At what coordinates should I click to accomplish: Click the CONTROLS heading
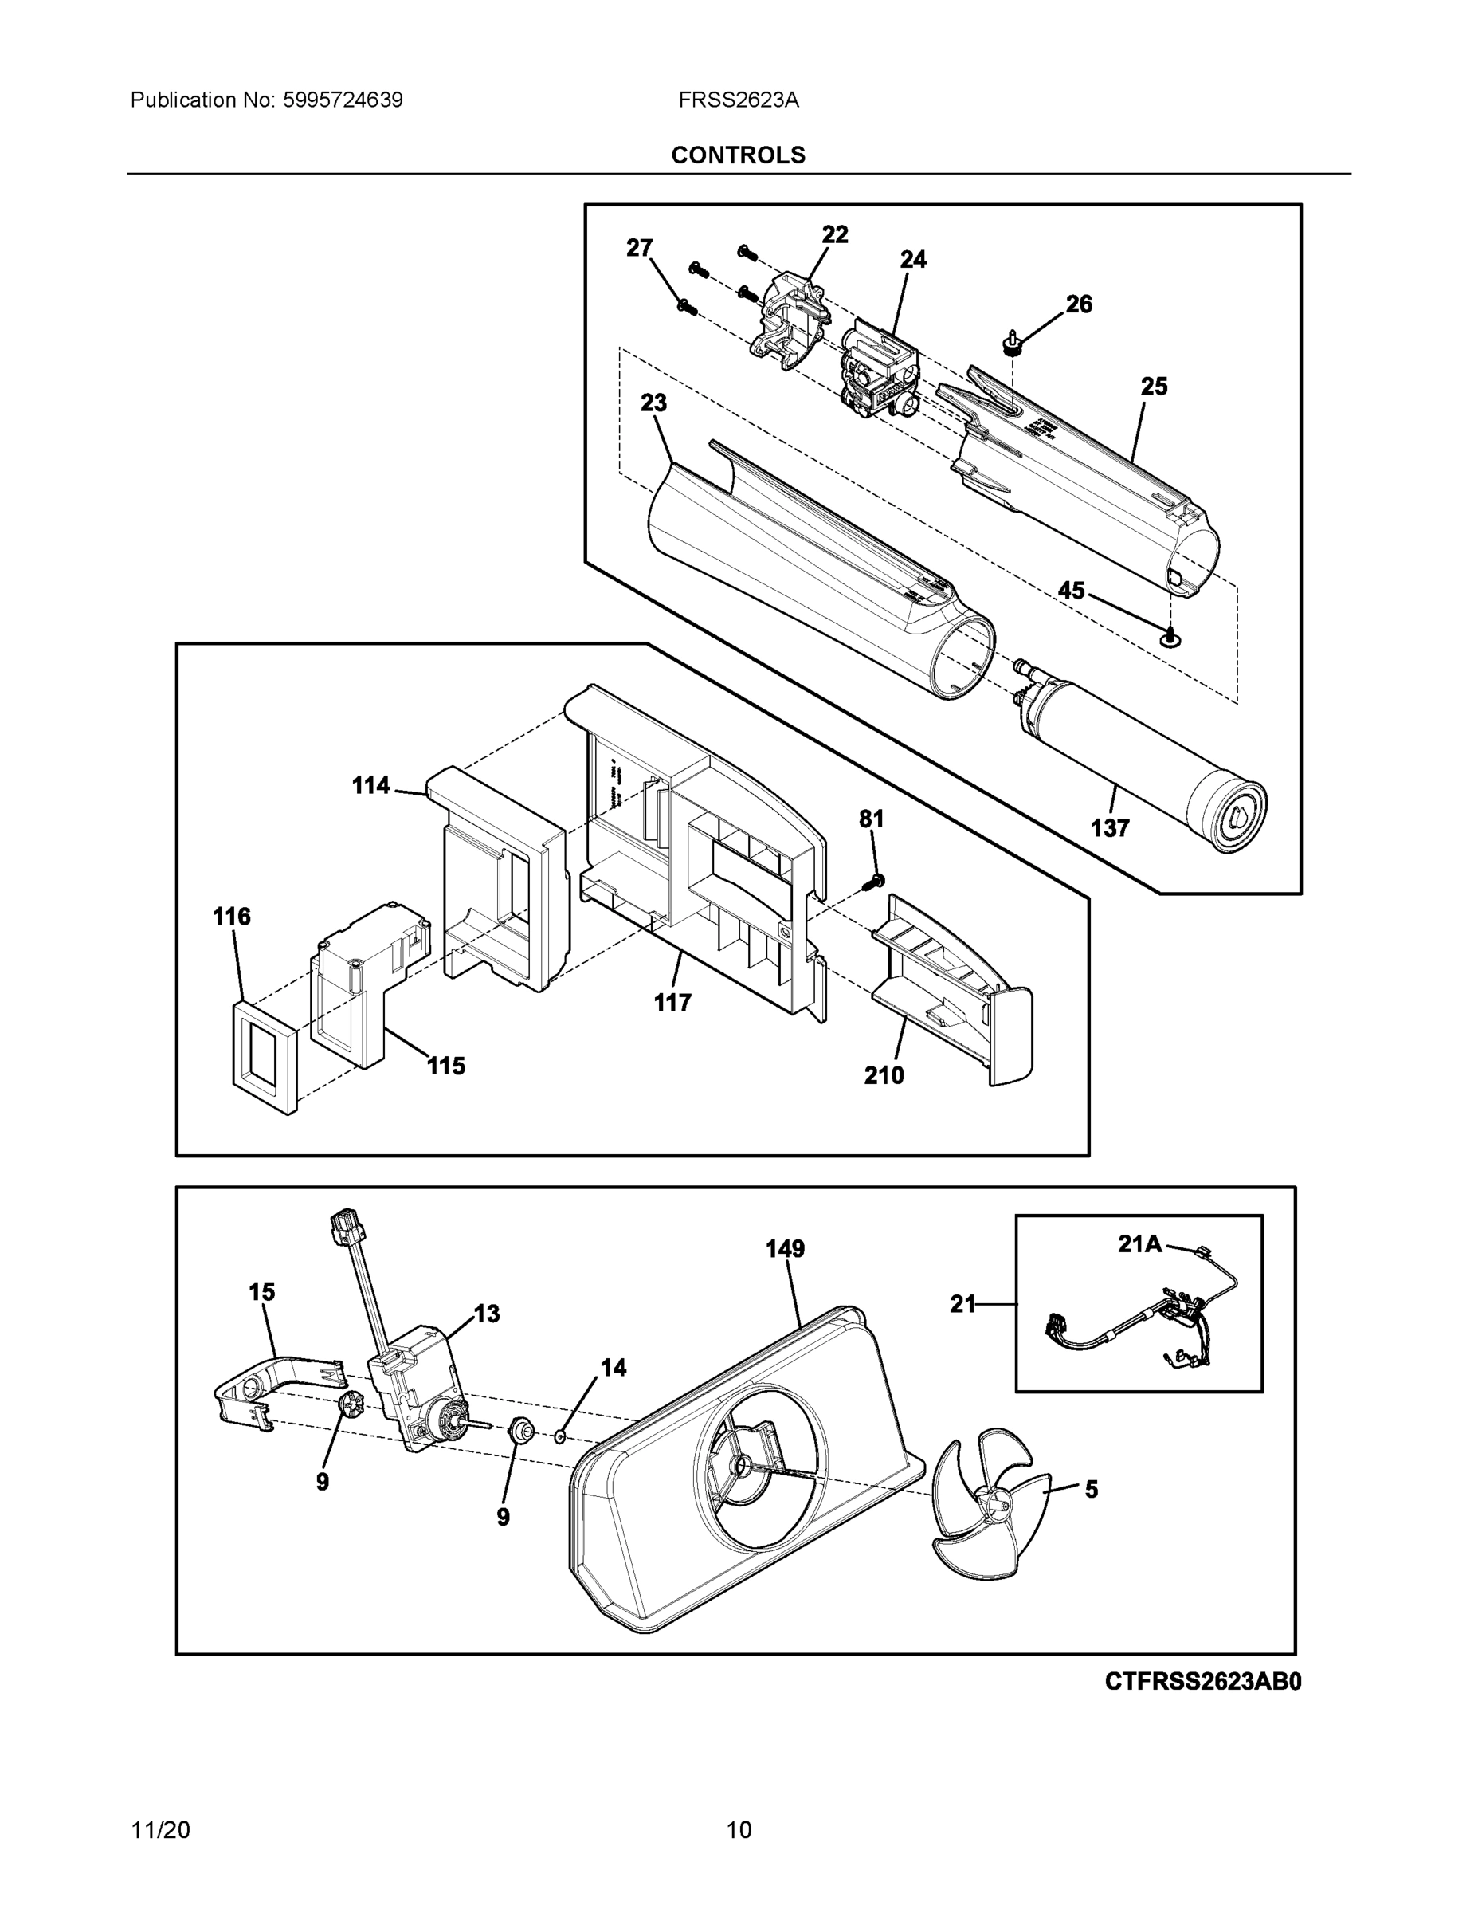pyautogui.click(x=737, y=155)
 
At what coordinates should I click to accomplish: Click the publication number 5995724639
pyautogui.click(x=343, y=100)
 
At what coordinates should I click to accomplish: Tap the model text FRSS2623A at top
pyautogui.click(x=737, y=100)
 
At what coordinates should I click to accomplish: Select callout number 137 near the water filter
pyautogui.click(x=1109, y=827)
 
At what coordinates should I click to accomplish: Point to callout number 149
pyautogui.click(x=785, y=1249)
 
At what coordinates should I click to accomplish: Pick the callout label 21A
pyautogui.click(x=1139, y=1243)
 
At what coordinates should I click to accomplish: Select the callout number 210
pyautogui.click(x=884, y=1075)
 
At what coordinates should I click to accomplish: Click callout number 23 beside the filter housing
pyautogui.click(x=653, y=403)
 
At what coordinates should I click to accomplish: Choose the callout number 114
pyautogui.click(x=370, y=786)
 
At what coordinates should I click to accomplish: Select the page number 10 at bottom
pyautogui.click(x=738, y=1830)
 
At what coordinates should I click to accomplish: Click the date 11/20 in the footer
pyautogui.click(x=159, y=1830)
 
